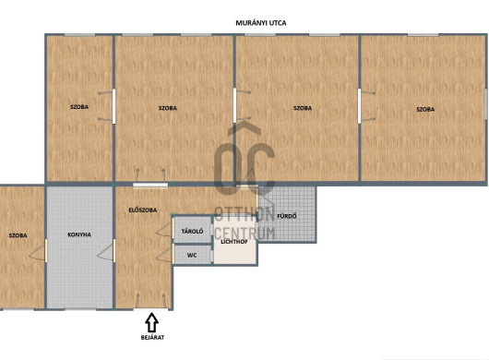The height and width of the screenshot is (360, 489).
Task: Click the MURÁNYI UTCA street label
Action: click(261, 23)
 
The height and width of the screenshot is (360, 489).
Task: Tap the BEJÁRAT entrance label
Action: click(152, 337)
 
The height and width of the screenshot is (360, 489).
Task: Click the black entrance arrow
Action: click(152, 322)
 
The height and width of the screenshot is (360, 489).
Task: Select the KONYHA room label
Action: click(79, 234)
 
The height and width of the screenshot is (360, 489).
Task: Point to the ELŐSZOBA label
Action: click(142, 210)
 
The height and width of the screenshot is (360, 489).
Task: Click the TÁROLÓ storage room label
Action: click(193, 231)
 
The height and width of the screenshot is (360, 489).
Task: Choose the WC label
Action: click(192, 255)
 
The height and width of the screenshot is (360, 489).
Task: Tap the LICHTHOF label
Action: click(234, 242)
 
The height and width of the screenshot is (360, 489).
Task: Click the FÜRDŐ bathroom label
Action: click(287, 216)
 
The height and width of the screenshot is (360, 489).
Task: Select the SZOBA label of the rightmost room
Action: click(425, 109)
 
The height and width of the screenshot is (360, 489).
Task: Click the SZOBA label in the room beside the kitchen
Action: click(18, 235)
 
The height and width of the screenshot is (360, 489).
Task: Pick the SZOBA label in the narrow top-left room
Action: click(79, 107)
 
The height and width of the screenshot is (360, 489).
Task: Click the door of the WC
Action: click(165, 253)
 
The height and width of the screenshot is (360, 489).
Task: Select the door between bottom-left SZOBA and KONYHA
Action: click(39, 250)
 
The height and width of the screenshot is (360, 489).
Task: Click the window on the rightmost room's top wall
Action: click(423, 35)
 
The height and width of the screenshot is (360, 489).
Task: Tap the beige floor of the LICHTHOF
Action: click(235, 253)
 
